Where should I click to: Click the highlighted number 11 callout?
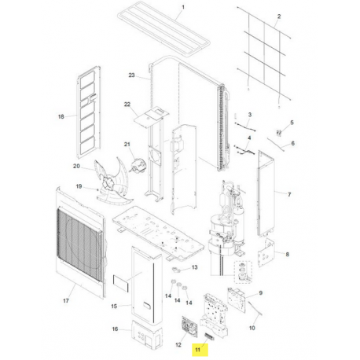[197, 350]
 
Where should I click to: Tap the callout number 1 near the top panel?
[183, 7]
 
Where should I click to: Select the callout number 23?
[131, 75]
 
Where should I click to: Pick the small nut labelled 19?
[97, 189]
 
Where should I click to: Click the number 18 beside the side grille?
[61, 116]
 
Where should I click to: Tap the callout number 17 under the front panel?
[66, 300]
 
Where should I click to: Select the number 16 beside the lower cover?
[115, 329]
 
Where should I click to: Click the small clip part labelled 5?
[279, 133]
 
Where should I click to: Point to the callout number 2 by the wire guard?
[279, 17]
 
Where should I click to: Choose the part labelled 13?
[177, 270]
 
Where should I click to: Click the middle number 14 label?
[178, 300]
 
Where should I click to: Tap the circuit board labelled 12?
[189, 325]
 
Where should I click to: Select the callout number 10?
[252, 328]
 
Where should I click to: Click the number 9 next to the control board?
[261, 292]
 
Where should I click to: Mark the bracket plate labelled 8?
[266, 252]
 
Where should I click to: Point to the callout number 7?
[289, 195]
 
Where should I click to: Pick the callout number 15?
[114, 306]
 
